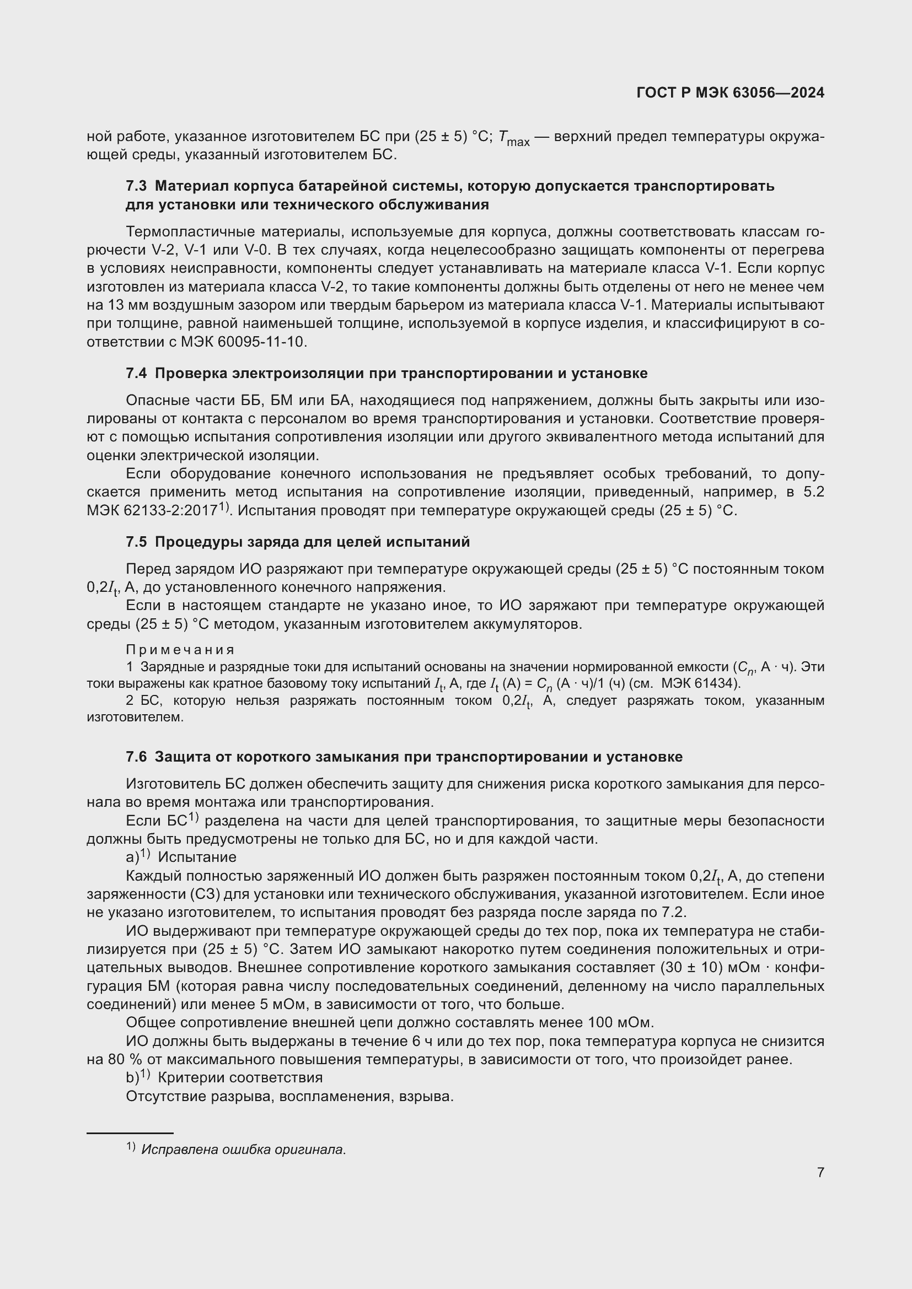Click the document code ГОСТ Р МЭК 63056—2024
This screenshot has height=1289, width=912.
coord(730,93)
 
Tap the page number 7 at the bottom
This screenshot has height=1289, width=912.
coord(820,1172)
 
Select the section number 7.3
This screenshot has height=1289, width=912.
coord(136,186)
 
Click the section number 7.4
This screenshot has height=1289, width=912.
coord(136,373)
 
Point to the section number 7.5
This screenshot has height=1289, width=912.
coord(136,542)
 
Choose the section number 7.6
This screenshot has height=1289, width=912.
coord(136,757)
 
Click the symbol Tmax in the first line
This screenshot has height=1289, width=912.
coord(513,138)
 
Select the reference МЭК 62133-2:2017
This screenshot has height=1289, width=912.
coord(152,511)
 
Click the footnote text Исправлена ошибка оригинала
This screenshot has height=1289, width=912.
coord(243,1149)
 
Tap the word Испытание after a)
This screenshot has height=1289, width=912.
coord(197,857)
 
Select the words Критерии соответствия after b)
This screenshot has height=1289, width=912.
coord(240,1078)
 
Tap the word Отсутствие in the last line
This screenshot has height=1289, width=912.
coord(165,1097)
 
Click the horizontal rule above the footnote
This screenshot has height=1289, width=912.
coord(130,1134)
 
